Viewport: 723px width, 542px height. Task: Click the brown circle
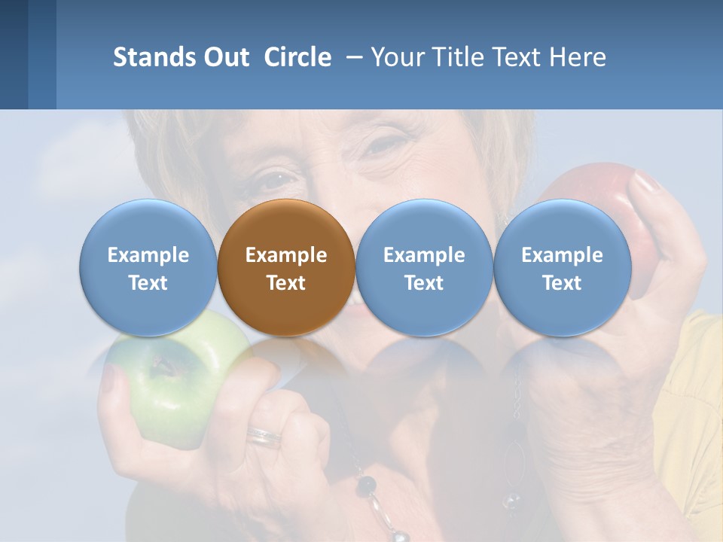[285, 266]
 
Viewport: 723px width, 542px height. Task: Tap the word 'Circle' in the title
[297, 57]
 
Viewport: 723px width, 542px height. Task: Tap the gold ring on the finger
[264, 437]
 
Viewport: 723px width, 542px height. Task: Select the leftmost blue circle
[148, 266]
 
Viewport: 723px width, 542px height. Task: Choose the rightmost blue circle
[562, 266]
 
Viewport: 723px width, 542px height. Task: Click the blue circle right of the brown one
[424, 266]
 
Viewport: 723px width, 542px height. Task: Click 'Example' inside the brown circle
[286, 255]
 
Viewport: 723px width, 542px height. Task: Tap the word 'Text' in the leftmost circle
[148, 283]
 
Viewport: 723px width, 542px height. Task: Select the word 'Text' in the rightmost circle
[562, 283]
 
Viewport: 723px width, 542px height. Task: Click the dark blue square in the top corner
[14, 54]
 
